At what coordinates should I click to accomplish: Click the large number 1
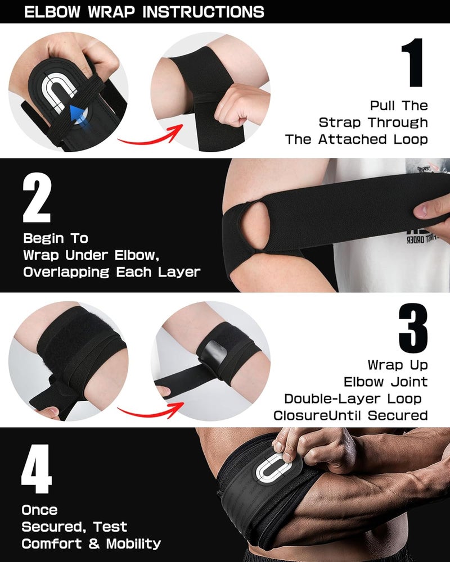(414, 63)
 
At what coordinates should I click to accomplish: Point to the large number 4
(37, 469)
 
